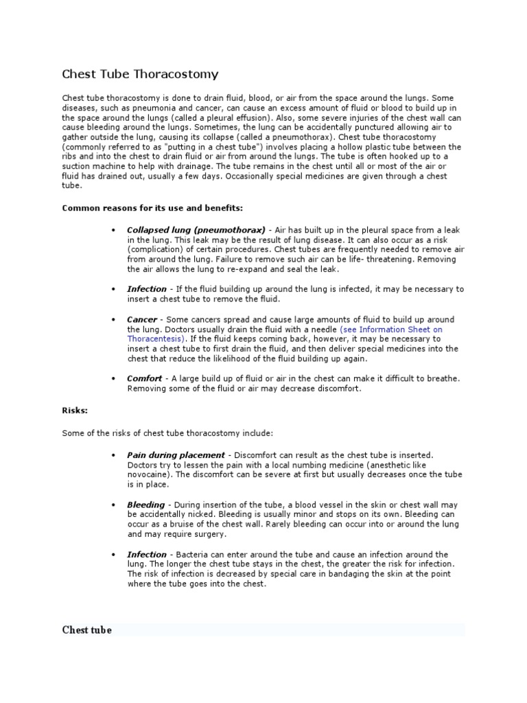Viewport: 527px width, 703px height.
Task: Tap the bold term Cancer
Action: [x=142, y=320]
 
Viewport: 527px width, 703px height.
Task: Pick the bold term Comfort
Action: [x=145, y=378]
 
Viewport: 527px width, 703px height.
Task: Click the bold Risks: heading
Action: [x=75, y=411]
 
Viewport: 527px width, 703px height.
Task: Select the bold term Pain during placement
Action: [x=176, y=454]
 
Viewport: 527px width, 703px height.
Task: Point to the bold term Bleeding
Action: [x=146, y=505]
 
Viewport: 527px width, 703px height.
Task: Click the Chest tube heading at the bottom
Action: [x=87, y=630]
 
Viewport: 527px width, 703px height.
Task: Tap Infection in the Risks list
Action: [x=147, y=554]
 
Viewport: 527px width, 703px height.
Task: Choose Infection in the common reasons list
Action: [x=147, y=289]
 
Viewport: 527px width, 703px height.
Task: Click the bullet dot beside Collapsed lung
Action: [x=113, y=230]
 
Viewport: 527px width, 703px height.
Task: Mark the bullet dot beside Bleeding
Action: [x=113, y=505]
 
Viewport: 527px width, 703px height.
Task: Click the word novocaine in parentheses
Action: [x=149, y=474]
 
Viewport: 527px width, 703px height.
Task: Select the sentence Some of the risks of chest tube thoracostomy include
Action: [x=167, y=433]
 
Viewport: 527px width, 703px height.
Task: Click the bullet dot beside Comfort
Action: [x=113, y=378]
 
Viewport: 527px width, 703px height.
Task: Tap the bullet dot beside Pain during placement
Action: [x=113, y=455]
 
